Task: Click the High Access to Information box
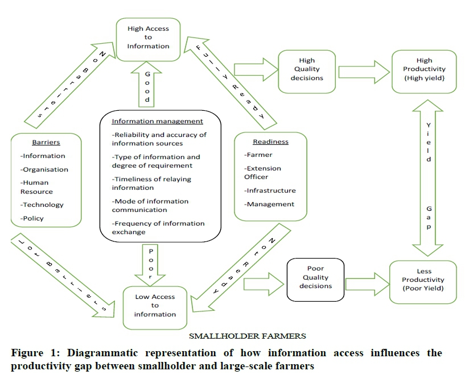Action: coord(148,37)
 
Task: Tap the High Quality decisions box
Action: coord(306,69)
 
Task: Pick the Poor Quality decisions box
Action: coord(315,277)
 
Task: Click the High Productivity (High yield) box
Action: coord(424,69)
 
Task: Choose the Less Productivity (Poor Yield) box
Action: coord(422,280)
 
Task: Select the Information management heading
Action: coord(157,121)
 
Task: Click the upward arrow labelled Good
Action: coord(147,85)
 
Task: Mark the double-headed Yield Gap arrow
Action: coord(429,176)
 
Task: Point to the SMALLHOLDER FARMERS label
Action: coord(248,336)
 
